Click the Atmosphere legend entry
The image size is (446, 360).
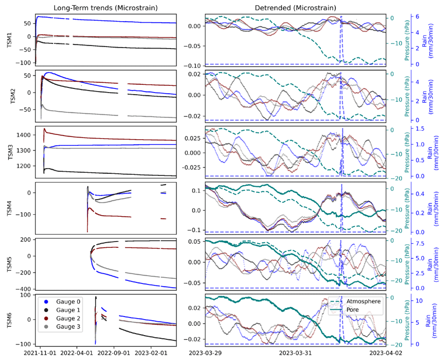pos(363,302)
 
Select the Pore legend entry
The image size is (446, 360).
pos(356,310)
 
